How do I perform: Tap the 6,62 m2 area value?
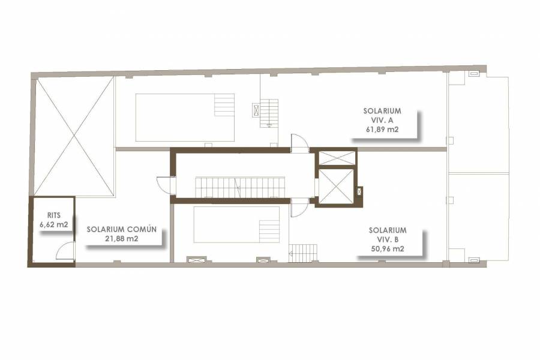click(x=53, y=224)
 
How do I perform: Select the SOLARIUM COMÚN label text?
click(x=121, y=229)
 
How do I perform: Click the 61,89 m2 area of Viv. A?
click(x=382, y=128)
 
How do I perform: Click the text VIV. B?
click(x=388, y=239)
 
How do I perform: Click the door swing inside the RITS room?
click(x=66, y=251)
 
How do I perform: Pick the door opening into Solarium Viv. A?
click(x=298, y=143)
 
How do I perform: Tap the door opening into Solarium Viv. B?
click(x=298, y=208)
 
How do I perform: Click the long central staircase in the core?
click(x=240, y=187)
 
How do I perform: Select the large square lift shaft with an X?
click(x=336, y=187)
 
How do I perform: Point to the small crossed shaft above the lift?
click(x=336, y=158)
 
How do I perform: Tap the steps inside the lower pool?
click(x=269, y=231)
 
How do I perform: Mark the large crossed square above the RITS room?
click(x=74, y=136)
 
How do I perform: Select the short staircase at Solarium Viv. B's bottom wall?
click(x=303, y=253)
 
